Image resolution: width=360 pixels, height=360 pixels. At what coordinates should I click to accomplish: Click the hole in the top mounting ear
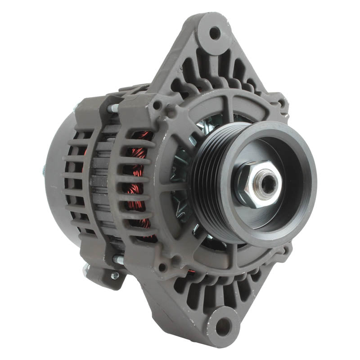tap(215, 33)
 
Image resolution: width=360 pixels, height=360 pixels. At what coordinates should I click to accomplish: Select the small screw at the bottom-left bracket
tap(115, 275)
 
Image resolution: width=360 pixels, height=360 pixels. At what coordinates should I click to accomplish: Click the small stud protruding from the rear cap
tap(44, 170)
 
